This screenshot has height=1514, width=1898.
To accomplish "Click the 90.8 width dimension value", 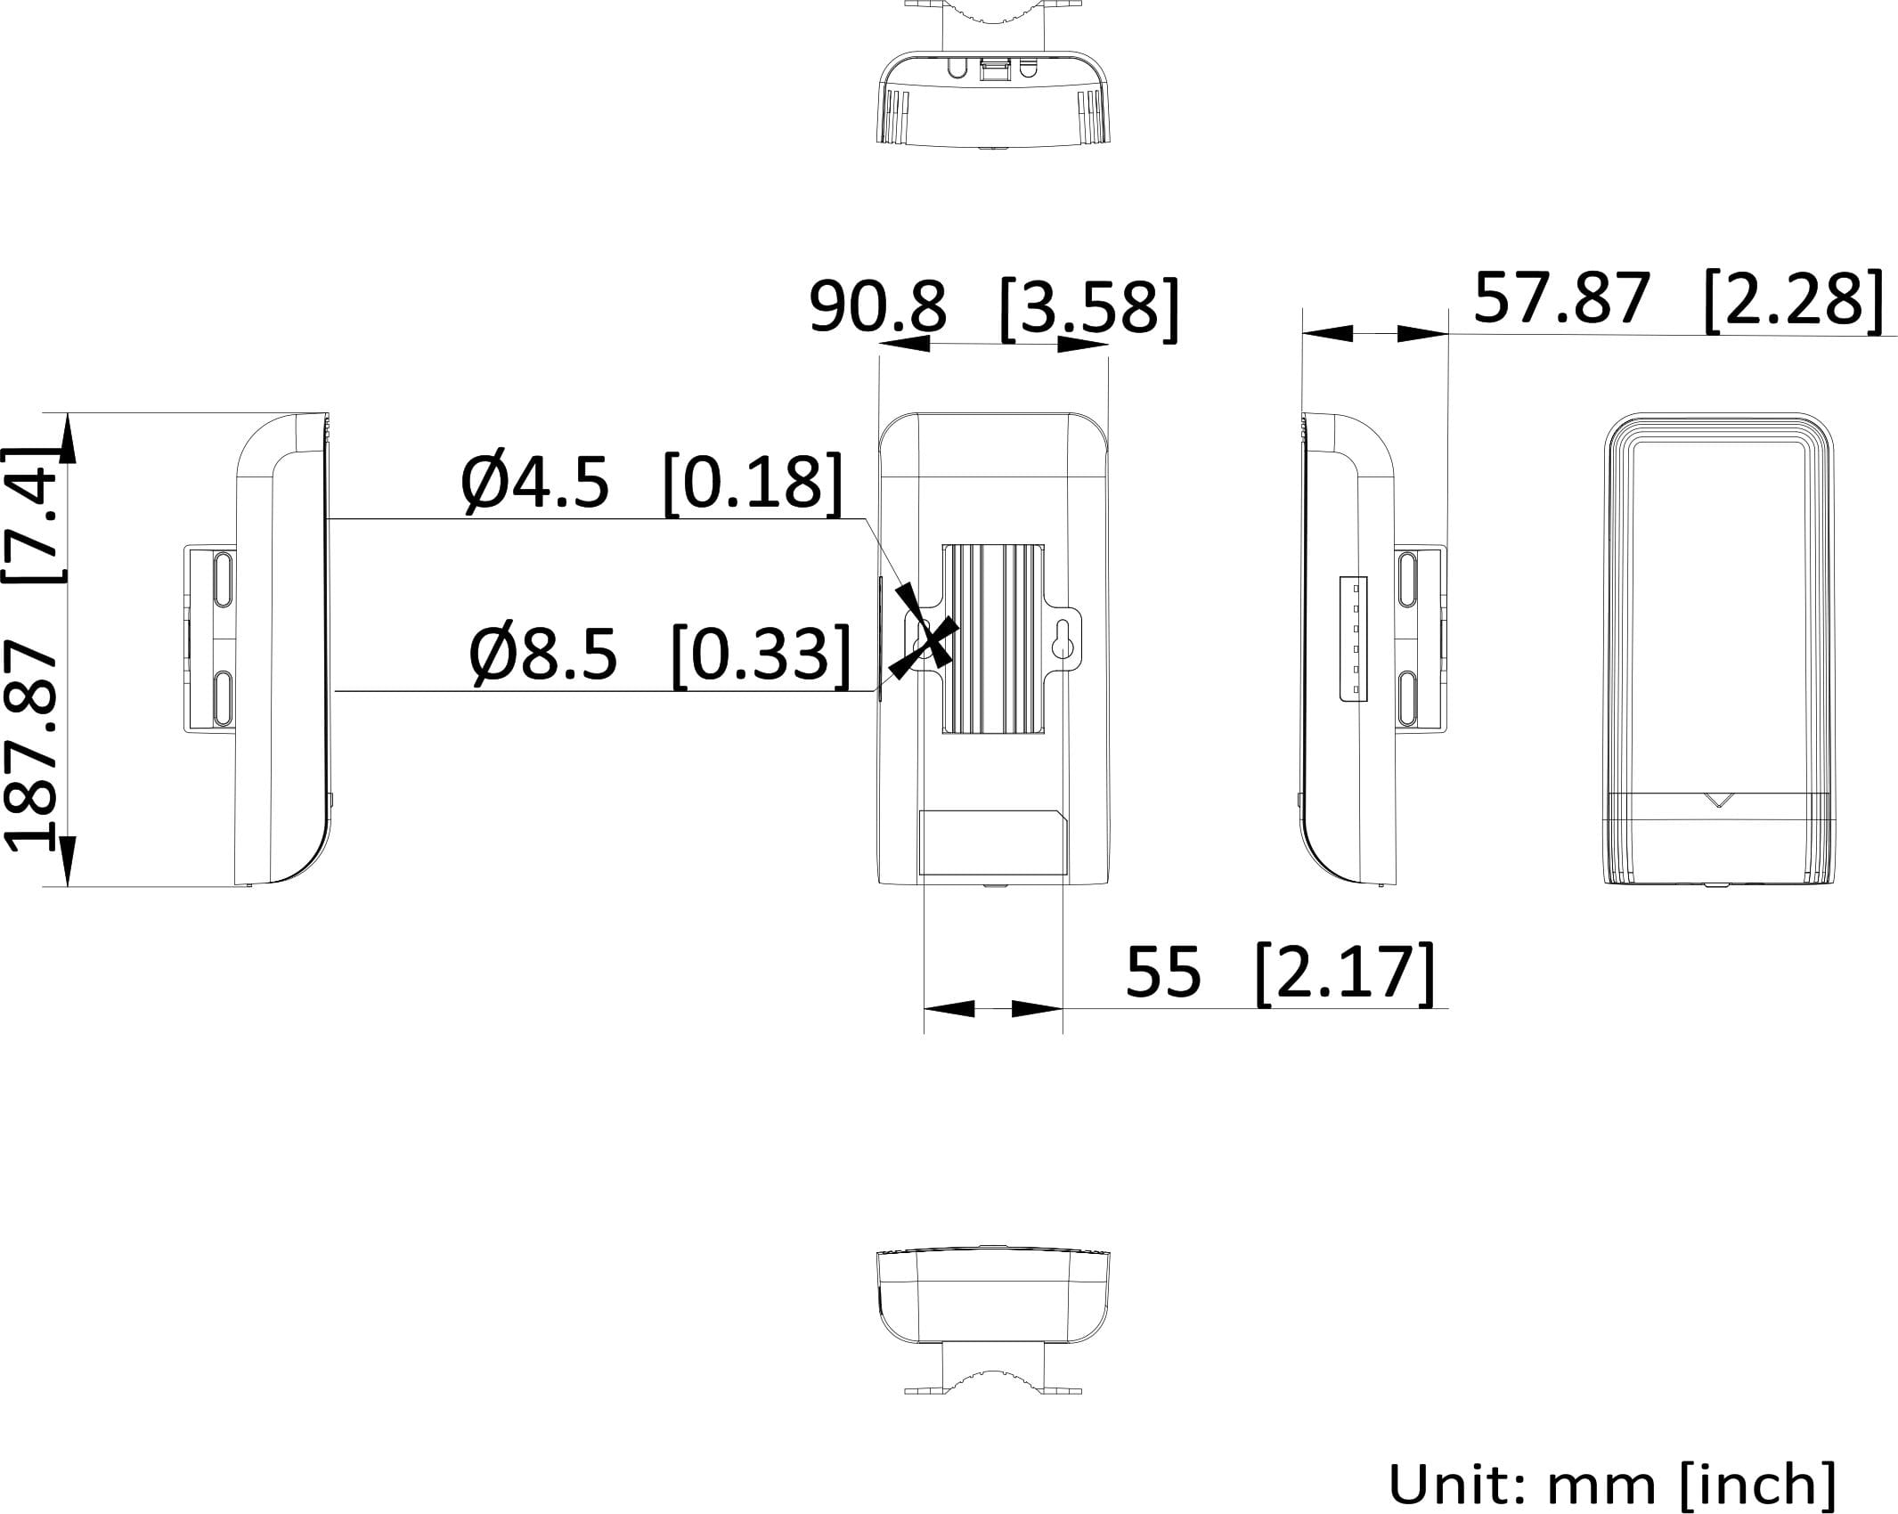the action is pyautogui.click(x=877, y=307).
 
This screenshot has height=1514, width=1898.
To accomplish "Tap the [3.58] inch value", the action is pyautogui.click(x=1089, y=309).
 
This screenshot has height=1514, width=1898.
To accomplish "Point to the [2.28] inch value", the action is pyautogui.click(x=1793, y=300).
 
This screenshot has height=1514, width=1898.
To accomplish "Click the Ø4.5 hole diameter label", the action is pyautogui.click(x=534, y=483).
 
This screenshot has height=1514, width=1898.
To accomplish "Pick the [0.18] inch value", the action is pyautogui.click(x=753, y=483).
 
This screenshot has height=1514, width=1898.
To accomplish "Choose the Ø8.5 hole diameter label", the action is pyautogui.click(x=542, y=654).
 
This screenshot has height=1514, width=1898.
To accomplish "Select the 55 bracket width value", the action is pyautogui.click(x=1163, y=972).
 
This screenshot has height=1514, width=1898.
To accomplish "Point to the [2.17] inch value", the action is pyautogui.click(x=1345, y=973).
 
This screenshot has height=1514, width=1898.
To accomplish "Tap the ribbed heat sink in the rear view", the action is pyautogui.click(x=993, y=639).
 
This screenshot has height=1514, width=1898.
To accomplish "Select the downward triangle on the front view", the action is pyautogui.click(x=1720, y=800).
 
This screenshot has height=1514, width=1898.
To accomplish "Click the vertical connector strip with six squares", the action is pyautogui.click(x=1353, y=639).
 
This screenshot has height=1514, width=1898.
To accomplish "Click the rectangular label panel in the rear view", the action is pyautogui.click(x=993, y=842).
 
